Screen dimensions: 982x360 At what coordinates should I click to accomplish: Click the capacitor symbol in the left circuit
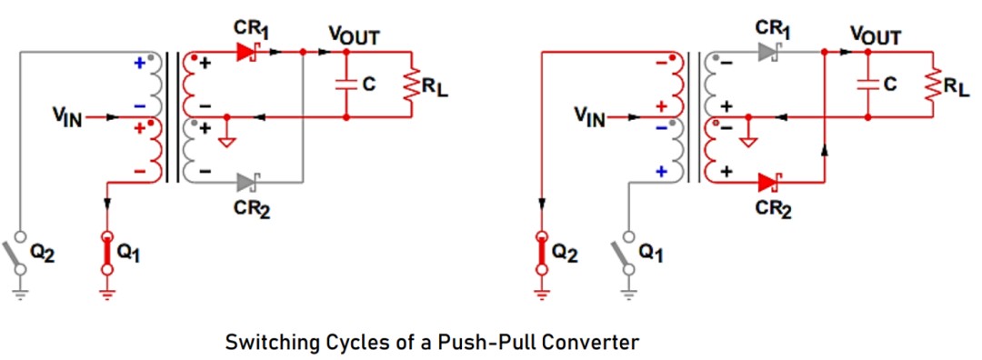tap(346, 85)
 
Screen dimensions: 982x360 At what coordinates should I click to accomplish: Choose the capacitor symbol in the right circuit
tap(867, 85)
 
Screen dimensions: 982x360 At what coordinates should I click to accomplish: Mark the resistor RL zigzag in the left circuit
tap(412, 85)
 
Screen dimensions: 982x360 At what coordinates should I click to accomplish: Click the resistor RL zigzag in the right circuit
tap(933, 85)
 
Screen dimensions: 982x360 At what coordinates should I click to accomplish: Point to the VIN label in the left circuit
tap(67, 117)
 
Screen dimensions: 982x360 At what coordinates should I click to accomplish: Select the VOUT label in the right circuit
tap(876, 36)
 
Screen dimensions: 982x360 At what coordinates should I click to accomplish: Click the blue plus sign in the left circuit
tap(140, 63)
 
